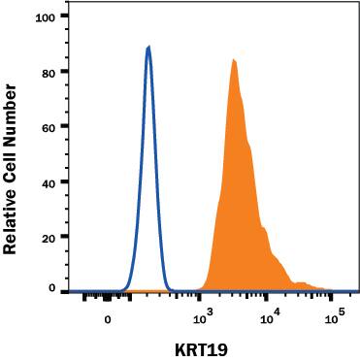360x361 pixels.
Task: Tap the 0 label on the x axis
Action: click(x=108, y=317)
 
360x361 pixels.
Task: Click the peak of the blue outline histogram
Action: click(x=148, y=47)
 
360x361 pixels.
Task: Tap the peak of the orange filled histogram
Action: click(x=234, y=60)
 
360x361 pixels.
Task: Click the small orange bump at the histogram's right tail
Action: click(x=302, y=284)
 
